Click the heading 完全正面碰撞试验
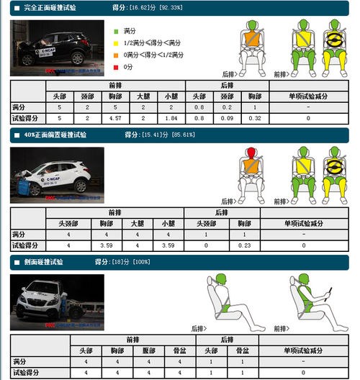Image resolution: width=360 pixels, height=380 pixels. tap(50, 7)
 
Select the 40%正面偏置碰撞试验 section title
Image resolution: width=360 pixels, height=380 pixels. tap(55, 135)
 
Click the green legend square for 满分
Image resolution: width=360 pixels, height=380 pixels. tap(116, 32)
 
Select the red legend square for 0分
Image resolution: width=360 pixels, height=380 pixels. tap(116, 66)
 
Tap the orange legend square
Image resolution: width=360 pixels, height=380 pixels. tap(116, 55)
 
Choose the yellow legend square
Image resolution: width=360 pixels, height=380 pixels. tap(116, 43)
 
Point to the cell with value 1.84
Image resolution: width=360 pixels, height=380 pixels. tap(170, 118)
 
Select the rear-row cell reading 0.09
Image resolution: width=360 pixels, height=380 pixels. tap(227, 118)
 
